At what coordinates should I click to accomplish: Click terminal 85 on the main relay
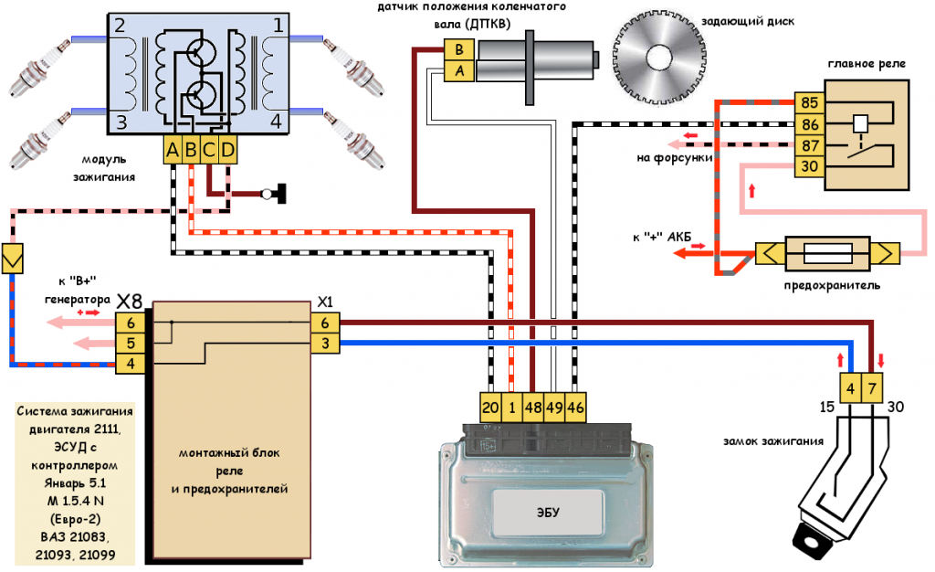tap(808, 102)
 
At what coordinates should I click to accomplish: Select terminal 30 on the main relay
tap(808, 165)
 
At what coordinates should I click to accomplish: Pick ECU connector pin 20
tap(490, 408)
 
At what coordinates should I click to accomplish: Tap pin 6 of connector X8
tap(131, 323)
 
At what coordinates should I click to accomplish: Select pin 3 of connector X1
tap(325, 344)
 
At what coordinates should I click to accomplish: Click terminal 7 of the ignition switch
tap(873, 388)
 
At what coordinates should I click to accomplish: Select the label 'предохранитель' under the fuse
tap(832, 286)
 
